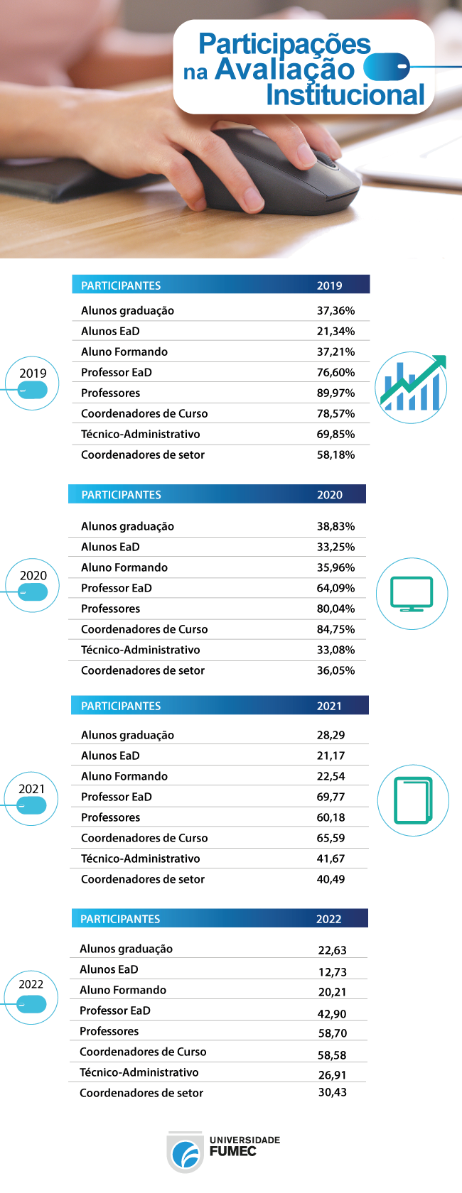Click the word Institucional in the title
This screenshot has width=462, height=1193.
point(345,95)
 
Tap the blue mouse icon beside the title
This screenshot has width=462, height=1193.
point(387,67)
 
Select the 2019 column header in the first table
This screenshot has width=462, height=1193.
point(329,285)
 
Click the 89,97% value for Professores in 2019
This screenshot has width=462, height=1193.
point(335,393)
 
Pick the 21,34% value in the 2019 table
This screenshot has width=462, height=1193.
point(335,331)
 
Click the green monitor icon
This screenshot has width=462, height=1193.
point(412,594)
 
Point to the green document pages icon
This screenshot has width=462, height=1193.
point(413,800)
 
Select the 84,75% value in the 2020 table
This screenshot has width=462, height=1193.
point(335,629)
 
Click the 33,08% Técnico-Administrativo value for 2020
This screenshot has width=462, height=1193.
point(335,650)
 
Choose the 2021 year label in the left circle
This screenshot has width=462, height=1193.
point(32,789)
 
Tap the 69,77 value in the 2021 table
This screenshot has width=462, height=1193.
point(331,797)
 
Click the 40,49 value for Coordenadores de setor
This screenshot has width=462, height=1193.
point(331,879)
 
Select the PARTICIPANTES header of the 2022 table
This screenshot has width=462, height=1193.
point(120,919)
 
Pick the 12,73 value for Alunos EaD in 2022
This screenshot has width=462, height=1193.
point(333,972)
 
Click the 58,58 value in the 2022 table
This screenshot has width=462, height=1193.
point(333,1055)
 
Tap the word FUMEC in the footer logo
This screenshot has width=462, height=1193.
point(233,1152)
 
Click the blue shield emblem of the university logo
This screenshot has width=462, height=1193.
point(186,1153)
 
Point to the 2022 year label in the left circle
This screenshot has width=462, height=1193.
point(31,984)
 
